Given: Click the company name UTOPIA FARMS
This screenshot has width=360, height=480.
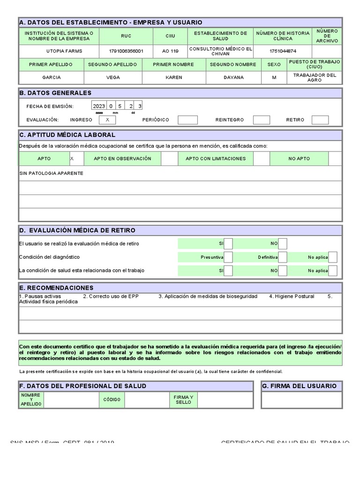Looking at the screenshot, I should [x=59, y=51].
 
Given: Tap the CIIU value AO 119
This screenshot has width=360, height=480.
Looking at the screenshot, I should [x=170, y=51].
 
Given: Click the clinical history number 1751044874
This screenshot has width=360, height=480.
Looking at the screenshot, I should [x=283, y=51].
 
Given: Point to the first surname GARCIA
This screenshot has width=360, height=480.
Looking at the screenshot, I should [x=52, y=77].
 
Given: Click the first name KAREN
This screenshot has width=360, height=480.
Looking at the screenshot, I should [x=174, y=77].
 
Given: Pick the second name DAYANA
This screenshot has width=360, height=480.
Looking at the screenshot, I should [x=233, y=77].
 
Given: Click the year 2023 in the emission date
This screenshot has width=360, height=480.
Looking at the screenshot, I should [x=99, y=106].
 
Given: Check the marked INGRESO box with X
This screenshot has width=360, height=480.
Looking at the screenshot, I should [x=107, y=120].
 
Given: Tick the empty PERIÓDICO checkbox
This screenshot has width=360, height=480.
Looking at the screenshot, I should [x=187, y=120].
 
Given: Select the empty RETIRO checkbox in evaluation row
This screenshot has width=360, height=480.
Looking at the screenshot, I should [x=320, y=120].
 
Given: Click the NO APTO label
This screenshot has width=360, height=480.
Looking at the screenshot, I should [x=299, y=159].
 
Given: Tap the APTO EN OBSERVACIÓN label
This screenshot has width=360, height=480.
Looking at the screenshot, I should [x=122, y=159].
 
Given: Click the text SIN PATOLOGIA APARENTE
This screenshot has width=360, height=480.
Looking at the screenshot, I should [x=51, y=173].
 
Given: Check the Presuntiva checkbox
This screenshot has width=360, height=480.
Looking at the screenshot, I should [x=228, y=257].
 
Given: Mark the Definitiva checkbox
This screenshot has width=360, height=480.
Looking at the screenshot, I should [x=283, y=257].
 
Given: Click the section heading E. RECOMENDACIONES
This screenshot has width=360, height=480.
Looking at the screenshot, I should [x=56, y=288].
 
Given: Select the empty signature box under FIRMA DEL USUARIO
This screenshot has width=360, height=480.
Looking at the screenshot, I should [x=301, y=400].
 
